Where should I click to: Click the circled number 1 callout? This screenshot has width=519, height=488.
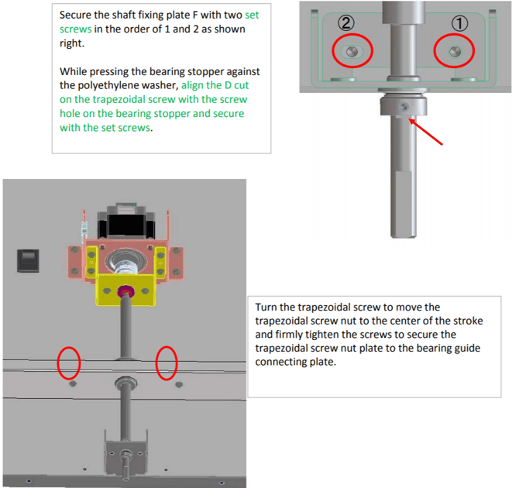tap(459, 23)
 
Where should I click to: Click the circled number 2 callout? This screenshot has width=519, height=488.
tap(346, 23)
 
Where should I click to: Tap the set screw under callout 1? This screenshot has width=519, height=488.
tap(455, 51)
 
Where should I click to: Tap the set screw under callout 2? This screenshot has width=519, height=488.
tap(352, 51)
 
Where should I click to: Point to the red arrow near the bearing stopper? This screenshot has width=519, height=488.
tap(426, 132)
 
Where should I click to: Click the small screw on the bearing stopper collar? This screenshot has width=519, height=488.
tap(404, 107)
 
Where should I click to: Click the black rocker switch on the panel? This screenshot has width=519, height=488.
tap(28, 260)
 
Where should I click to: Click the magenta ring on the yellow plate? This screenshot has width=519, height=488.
tap(125, 291)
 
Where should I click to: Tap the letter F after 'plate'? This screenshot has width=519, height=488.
tap(194, 15)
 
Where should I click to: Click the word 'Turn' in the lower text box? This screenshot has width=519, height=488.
tap(266, 307)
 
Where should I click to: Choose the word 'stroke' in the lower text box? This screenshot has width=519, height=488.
tap(468, 321)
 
